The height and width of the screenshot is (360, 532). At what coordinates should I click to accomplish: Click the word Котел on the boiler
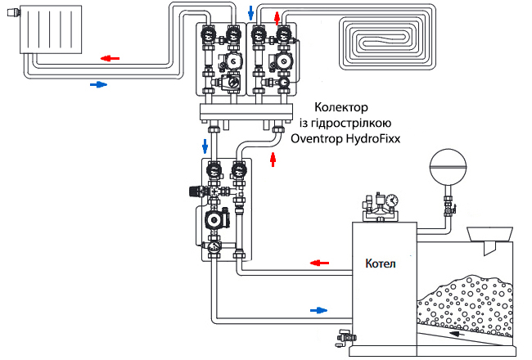coord(381,263)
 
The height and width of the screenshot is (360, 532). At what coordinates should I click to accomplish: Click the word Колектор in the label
coord(341,107)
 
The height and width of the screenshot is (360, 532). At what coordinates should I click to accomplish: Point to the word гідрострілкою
coord(345,123)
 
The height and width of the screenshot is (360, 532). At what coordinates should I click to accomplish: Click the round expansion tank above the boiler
coord(448,167)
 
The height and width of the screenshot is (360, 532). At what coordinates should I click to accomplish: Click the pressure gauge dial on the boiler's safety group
coord(392,200)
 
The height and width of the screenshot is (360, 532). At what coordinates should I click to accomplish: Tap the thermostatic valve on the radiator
coord(14,13)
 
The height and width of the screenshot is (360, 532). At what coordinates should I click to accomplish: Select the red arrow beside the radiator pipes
coord(110,58)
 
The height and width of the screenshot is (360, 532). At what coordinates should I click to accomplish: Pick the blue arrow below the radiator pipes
coord(99,84)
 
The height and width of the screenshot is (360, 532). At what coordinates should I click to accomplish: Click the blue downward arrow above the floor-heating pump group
coord(250,12)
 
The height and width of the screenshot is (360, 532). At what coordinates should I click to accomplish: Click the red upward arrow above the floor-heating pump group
coord(277,18)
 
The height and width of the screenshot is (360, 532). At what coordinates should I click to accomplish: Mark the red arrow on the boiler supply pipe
coord(319,263)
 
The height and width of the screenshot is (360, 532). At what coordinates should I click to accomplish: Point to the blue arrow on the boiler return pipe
coord(318,310)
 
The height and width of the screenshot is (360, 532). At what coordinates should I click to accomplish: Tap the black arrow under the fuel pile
coord(457,334)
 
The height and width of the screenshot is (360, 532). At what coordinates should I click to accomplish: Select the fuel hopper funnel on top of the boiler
coord(489,235)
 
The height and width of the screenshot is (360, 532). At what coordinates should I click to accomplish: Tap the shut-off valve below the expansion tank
coord(449,208)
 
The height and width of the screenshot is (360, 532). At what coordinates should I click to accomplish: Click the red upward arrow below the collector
coord(273,160)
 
